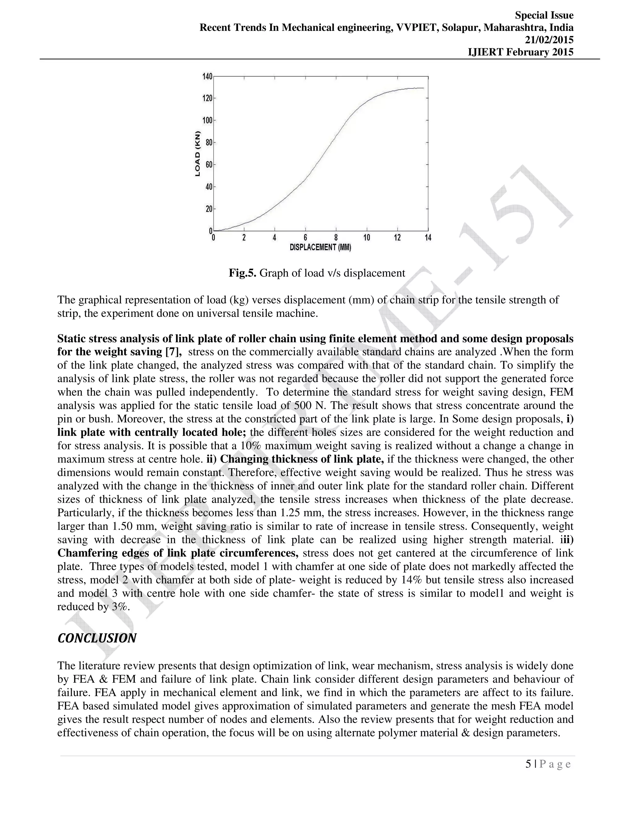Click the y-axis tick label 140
(x=207, y=77)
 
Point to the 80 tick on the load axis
(x=209, y=142)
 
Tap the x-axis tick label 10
(x=366, y=238)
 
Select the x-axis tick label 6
(x=305, y=238)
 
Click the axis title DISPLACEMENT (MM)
(x=320, y=248)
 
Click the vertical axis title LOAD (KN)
(x=198, y=154)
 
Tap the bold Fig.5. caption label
(x=243, y=273)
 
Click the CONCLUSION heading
(x=97, y=638)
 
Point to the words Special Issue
(x=544, y=15)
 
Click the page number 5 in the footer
(x=528, y=764)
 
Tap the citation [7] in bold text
(x=174, y=352)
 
